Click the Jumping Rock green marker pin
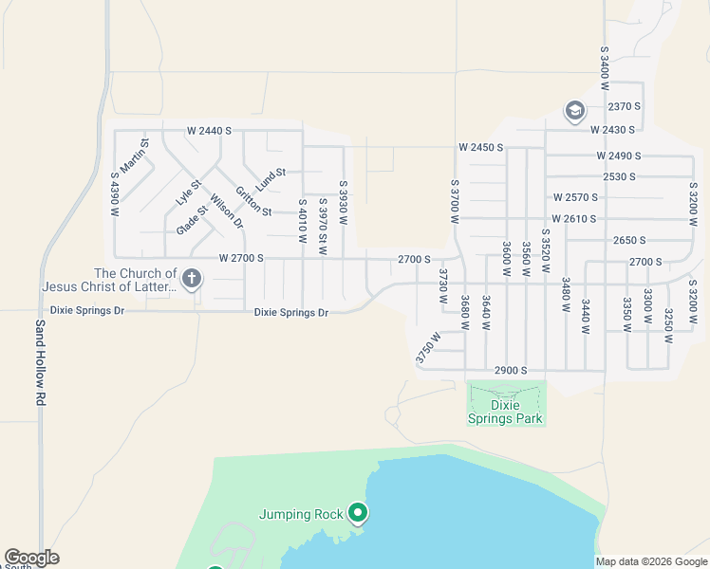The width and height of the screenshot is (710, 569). [358, 513]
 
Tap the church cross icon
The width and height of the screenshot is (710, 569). [192, 279]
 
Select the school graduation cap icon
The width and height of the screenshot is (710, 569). [574, 112]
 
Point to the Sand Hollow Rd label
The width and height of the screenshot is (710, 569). [41, 362]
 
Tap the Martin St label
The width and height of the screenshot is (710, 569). [140, 155]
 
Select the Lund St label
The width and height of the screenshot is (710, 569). [271, 174]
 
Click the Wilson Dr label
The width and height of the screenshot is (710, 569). [227, 212]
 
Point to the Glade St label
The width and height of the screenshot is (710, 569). [192, 220]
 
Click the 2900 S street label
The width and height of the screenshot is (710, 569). [510, 371]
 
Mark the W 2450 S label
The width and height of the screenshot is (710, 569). [480, 148]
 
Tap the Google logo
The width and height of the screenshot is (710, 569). [31, 558]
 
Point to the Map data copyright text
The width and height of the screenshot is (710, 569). [651, 561]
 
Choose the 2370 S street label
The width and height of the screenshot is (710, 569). [625, 106]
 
